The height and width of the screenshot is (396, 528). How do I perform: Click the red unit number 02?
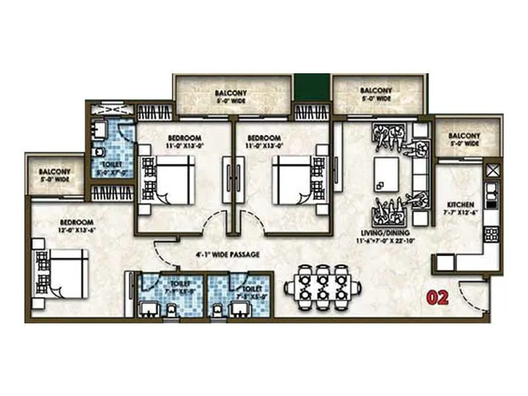coord(438,297)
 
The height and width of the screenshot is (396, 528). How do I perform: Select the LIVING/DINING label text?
coord(389,233)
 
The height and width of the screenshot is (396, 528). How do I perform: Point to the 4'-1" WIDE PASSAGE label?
coord(226,253)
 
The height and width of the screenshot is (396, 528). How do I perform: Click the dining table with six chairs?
coord(323,287)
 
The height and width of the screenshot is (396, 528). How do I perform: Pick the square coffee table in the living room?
coord(386,172)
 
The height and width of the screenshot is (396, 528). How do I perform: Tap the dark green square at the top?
coord(312,87)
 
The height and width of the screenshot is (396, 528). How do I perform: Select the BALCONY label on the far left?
coord(54,174)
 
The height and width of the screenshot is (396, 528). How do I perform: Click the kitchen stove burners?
coord(492,234)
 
